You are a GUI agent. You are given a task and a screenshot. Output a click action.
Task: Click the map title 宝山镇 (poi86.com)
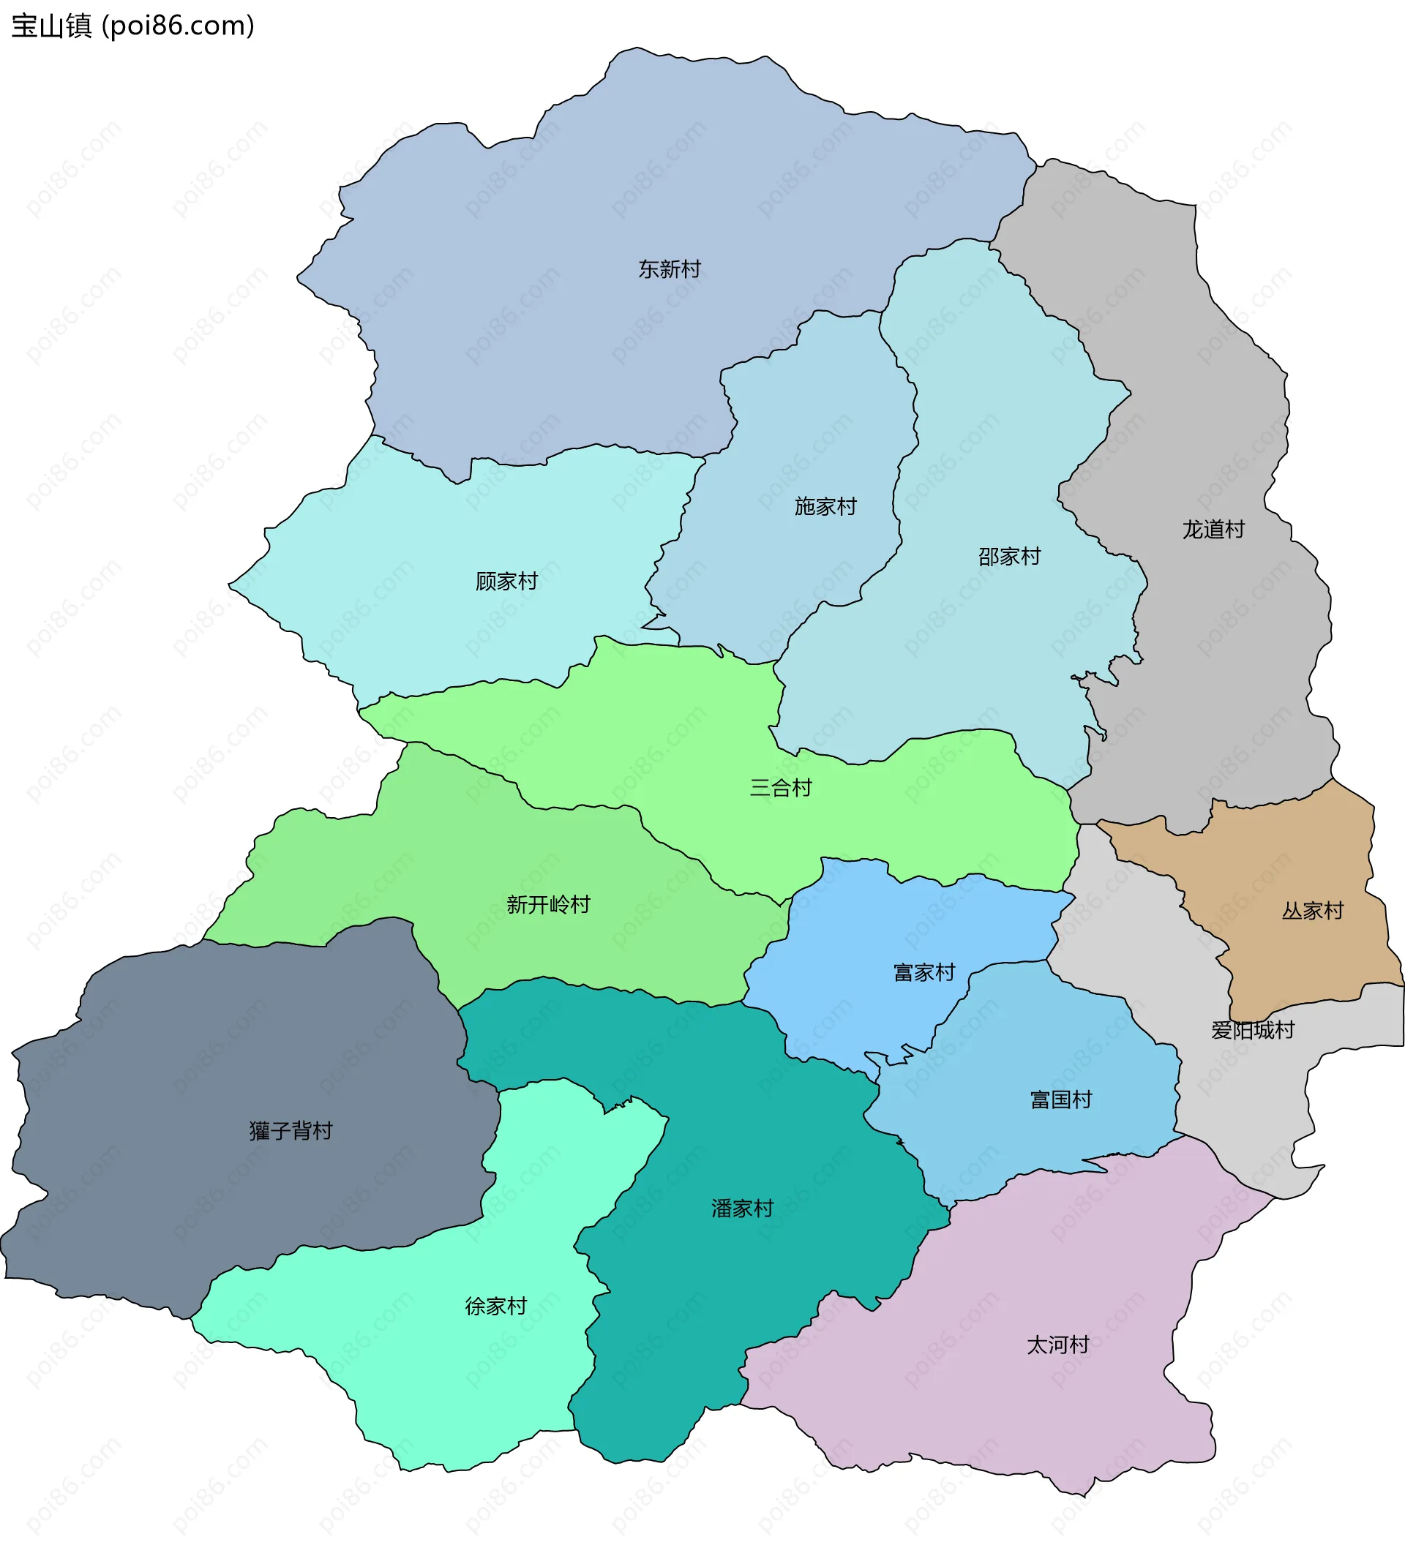(x=132, y=26)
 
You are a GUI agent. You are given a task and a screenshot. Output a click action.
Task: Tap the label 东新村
(x=669, y=269)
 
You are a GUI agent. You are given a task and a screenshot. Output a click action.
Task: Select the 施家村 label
(x=825, y=506)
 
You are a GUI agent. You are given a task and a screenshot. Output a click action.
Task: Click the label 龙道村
(x=1213, y=530)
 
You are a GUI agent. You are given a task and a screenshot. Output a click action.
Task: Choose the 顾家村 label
(x=506, y=581)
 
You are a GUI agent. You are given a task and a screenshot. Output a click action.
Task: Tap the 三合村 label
(x=780, y=787)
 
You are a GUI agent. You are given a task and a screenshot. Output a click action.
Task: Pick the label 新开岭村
(x=548, y=904)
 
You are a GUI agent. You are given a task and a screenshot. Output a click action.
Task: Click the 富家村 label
(x=924, y=972)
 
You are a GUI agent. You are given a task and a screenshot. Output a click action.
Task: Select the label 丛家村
(x=1313, y=911)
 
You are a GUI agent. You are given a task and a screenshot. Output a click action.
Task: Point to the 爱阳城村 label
(x=1253, y=1030)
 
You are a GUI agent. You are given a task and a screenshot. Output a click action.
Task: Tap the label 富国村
(x=1061, y=1099)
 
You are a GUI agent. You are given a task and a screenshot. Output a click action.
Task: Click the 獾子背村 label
(x=291, y=1130)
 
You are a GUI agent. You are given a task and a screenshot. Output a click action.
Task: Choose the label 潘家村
(x=742, y=1208)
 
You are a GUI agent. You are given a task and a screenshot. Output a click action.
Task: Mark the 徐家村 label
(x=496, y=1306)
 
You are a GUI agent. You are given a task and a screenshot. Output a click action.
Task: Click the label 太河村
(x=1057, y=1345)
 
